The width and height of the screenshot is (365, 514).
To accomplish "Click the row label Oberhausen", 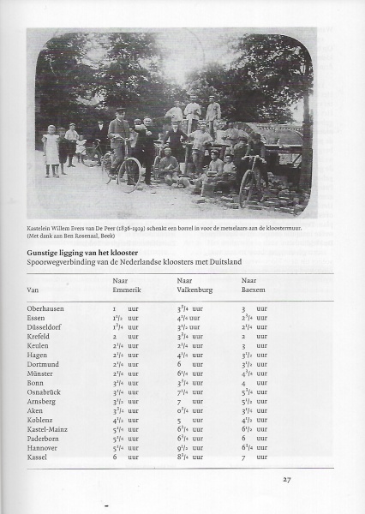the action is pos(47,308).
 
